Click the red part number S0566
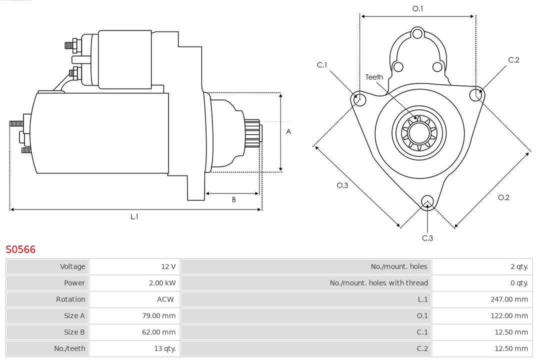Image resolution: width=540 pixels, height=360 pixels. coord(20,249)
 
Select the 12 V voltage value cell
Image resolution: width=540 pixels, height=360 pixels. coord(169,266)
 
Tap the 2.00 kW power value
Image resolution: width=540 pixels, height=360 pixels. coord(162,283)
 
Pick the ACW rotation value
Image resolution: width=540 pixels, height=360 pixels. coord(165,299)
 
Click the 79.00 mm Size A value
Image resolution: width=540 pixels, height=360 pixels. coord(159,315)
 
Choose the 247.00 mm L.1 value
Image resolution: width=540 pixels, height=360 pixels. coord(509,299)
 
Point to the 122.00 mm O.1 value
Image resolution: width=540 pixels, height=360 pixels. coord(509,315)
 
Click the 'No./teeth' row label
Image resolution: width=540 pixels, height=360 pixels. coord(69,348)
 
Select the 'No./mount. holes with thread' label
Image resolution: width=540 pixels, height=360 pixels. coord(378,283)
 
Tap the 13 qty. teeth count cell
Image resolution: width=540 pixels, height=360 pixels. coord(164,348)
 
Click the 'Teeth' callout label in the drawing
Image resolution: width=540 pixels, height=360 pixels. coord(374,77)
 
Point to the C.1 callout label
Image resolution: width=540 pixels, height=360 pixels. coord(322,65)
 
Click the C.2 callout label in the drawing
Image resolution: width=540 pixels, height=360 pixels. coord(513,60)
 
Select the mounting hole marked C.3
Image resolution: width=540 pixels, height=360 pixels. coord(427,201)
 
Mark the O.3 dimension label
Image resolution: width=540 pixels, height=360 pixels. coord(342,185)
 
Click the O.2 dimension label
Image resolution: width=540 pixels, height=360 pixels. coord(503,197)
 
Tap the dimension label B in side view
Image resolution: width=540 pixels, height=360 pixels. coord(233,200)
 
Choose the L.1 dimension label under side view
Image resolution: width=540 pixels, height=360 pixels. coord(134,216)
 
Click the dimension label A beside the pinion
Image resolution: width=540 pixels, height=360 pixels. coord(288,132)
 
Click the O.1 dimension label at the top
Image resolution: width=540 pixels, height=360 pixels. coord(417,8)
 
